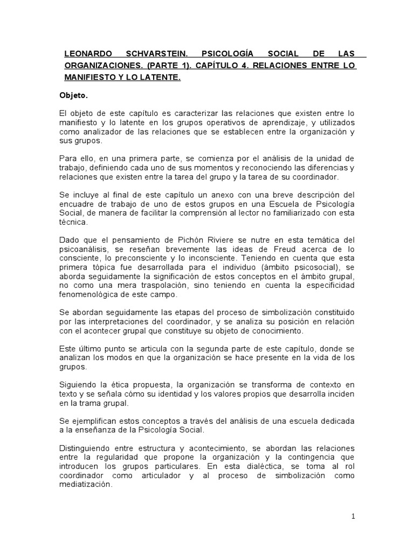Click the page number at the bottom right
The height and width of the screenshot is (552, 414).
(353, 516)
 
